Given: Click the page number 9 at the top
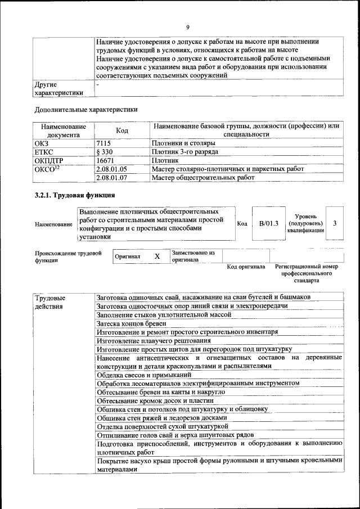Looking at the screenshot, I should click(188, 27).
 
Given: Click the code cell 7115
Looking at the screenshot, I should click(104, 143).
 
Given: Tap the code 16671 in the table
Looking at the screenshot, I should click(106, 160).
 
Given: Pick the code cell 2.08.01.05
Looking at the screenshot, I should click(112, 169).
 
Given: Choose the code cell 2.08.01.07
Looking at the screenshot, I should click(112, 178).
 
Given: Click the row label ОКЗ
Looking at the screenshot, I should click(42, 143).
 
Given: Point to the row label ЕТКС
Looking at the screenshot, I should click(44, 152).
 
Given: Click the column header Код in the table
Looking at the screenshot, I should click(122, 130).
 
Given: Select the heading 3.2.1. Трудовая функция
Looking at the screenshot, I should click(75, 196).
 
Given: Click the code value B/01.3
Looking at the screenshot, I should click(269, 223).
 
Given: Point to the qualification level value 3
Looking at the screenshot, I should click(335, 223).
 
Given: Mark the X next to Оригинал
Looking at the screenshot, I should click(157, 256).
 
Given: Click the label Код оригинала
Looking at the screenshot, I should click(246, 267).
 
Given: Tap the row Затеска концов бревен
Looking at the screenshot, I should click(131, 324).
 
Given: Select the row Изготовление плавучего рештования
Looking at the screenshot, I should click(150, 341).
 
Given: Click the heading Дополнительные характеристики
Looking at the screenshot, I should click(86, 110).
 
